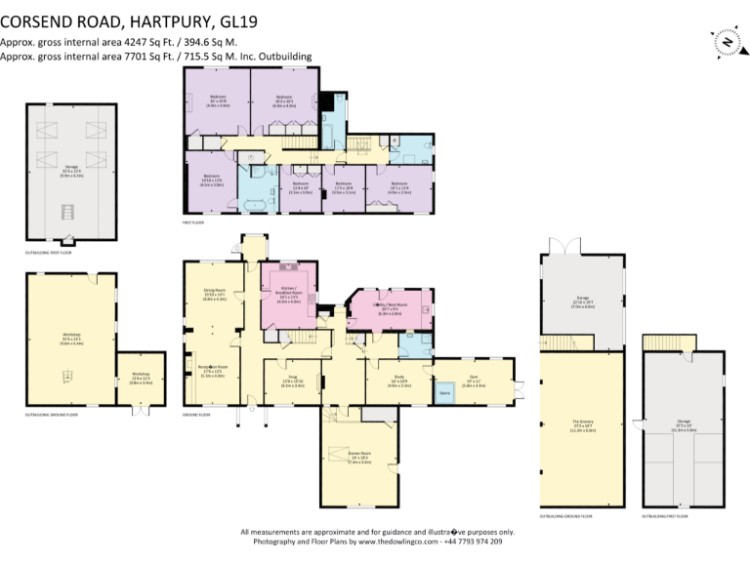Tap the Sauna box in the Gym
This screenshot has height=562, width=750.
pos(445,393)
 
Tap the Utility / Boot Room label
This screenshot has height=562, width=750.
pos(391,307)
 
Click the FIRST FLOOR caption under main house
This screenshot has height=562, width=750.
pos(191,223)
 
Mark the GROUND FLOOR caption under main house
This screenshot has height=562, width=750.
pos(196,415)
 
